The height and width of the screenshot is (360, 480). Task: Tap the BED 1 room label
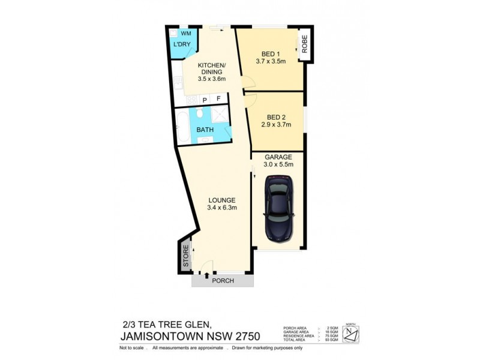[x=270, y=52]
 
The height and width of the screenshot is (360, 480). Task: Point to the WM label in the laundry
[x=185, y=33]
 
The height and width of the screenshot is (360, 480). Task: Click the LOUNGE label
[x=221, y=200]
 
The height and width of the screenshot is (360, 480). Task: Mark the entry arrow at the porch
[x=207, y=276]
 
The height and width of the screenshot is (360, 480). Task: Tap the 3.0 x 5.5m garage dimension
[x=278, y=163]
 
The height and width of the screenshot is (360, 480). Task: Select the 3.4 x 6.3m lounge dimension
[x=222, y=208]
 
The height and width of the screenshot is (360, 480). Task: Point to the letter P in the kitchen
[x=205, y=100]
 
